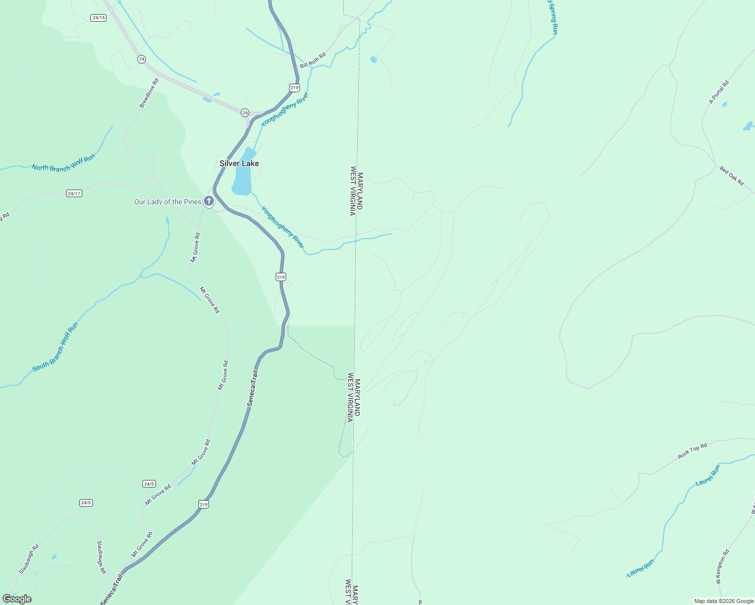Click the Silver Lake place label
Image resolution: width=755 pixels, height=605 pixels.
239,163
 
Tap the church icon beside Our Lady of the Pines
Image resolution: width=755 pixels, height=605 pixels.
209,202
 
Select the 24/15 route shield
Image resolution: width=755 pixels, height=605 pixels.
98,18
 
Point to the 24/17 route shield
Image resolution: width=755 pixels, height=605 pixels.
74,194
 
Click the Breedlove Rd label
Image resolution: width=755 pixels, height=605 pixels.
149,93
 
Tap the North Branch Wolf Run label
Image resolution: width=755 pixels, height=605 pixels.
64,163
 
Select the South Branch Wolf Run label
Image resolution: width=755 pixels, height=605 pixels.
56,347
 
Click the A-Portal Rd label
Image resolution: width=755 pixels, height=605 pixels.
719,92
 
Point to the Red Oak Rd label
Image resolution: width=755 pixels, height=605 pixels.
732,176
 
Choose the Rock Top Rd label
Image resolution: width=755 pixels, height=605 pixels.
692,451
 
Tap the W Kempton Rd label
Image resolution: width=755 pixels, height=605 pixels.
722,567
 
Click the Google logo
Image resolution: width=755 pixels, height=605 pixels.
17,599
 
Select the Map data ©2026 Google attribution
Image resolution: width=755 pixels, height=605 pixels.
724,601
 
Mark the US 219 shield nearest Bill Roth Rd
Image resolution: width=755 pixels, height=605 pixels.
294,88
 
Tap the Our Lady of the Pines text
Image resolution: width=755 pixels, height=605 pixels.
168,202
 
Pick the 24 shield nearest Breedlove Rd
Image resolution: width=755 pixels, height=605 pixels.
141,59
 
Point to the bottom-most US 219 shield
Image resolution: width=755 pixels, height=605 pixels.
203,504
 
